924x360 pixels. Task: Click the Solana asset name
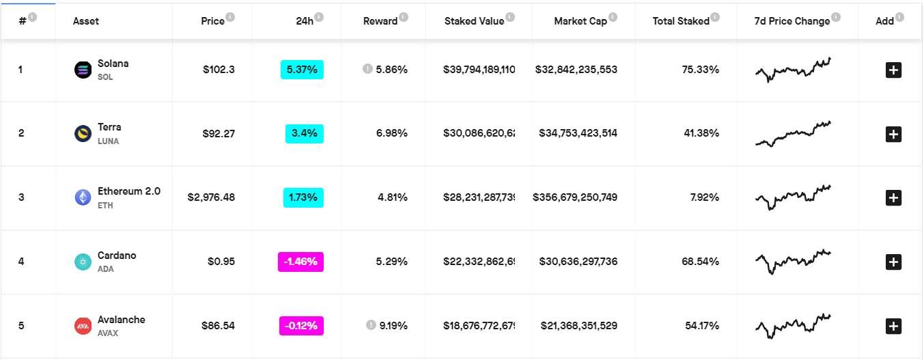[113, 64]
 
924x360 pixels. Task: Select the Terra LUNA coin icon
[83, 134]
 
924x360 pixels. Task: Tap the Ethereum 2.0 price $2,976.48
[211, 197]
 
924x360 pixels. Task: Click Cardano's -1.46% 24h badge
[300, 262]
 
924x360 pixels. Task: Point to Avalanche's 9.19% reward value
[393, 326]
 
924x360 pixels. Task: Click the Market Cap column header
[580, 21]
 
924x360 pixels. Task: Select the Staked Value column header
[474, 21]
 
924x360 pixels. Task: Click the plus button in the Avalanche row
[893, 326]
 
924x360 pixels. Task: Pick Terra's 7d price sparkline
[793, 133]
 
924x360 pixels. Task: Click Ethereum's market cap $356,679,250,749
[575, 197]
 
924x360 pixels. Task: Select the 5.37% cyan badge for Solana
[302, 70]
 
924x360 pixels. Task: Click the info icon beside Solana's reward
[367, 69]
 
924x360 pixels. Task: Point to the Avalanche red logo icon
[83, 326]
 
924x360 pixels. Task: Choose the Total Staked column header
[681, 21]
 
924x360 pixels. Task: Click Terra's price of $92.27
[219, 134]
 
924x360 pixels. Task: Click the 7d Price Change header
[792, 21]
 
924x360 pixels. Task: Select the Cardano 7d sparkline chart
[793, 261]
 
